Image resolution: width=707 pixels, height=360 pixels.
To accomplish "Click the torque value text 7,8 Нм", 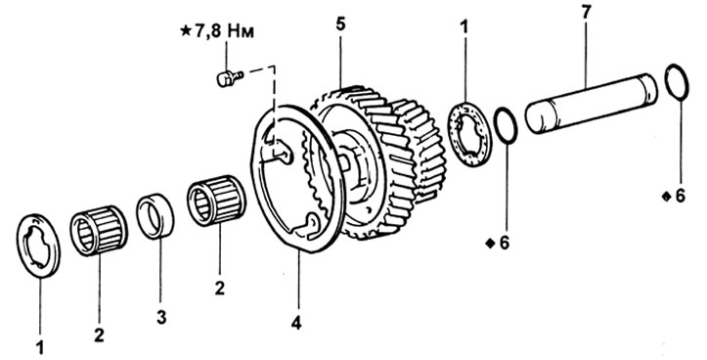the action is (x=224, y=32).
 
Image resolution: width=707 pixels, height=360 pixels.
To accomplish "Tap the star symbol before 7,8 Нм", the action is (x=186, y=32).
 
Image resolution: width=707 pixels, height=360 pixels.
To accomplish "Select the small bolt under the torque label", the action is (x=230, y=78).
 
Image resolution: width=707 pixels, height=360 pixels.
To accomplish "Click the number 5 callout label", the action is (x=340, y=24).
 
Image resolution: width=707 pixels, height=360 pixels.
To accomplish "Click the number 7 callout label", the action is (x=586, y=13).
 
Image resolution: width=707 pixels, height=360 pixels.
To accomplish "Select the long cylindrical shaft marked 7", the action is (x=592, y=104).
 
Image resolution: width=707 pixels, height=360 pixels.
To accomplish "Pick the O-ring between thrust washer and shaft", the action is (x=506, y=126).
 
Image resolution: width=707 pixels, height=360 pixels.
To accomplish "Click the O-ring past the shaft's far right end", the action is (x=677, y=82).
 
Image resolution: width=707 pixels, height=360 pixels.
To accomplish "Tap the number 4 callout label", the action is (x=296, y=323).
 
